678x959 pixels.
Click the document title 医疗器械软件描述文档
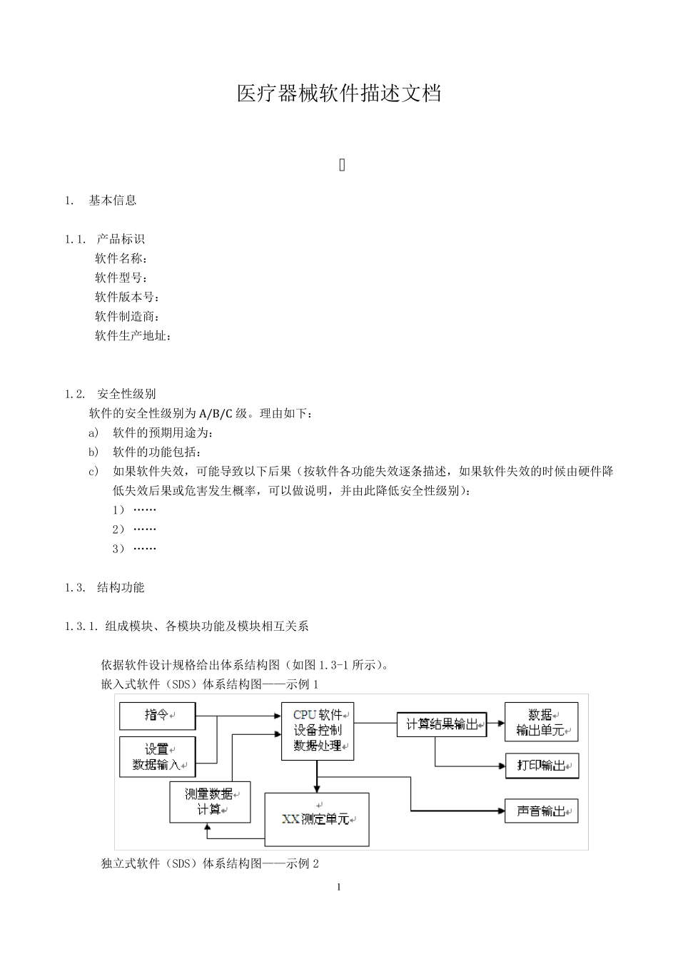click(x=339, y=93)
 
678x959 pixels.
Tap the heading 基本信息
click(x=113, y=201)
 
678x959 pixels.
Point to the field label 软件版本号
click(x=127, y=297)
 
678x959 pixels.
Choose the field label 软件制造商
click(x=127, y=316)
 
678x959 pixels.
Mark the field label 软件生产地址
click(x=133, y=335)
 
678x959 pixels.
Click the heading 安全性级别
click(x=126, y=394)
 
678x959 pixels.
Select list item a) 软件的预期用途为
click(x=163, y=433)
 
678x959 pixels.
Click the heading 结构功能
click(x=121, y=588)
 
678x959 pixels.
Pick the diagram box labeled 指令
click(x=157, y=715)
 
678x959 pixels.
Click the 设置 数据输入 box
click(x=157, y=757)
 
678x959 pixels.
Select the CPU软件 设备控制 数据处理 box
click(x=318, y=731)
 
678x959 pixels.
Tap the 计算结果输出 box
click(x=441, y=724)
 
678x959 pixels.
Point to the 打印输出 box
click(x=542, y=766)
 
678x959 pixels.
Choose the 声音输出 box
click(x=542, y=811)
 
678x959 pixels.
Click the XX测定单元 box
click(x=317, y=819)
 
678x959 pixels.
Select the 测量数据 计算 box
click(x=210, y=801)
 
